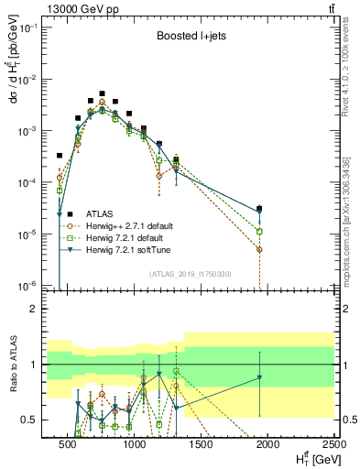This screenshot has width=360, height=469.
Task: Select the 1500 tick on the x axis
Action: click(x=201, y=445)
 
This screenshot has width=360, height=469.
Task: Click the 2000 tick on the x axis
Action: click(x=267, y=445)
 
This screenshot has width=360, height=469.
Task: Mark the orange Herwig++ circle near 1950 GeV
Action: click(x=260, y=249)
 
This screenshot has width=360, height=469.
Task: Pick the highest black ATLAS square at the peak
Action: click(x=103, y=93)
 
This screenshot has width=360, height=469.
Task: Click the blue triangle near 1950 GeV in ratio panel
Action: click(x=260, y=377)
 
